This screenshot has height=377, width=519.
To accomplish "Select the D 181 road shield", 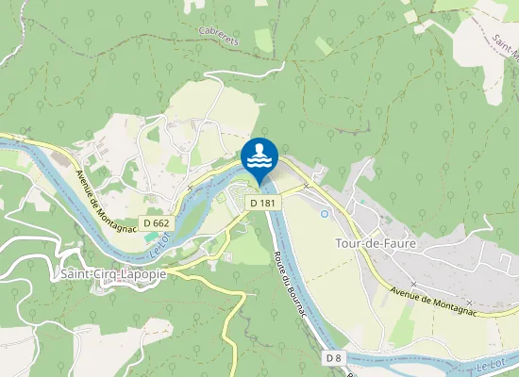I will point(261,203).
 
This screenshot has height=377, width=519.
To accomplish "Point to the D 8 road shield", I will point(333,358).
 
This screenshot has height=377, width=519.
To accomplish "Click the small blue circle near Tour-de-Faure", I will point(325,213).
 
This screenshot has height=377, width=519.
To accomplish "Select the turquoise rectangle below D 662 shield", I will point(152,236).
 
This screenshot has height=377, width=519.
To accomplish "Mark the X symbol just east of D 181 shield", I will point(307,187).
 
